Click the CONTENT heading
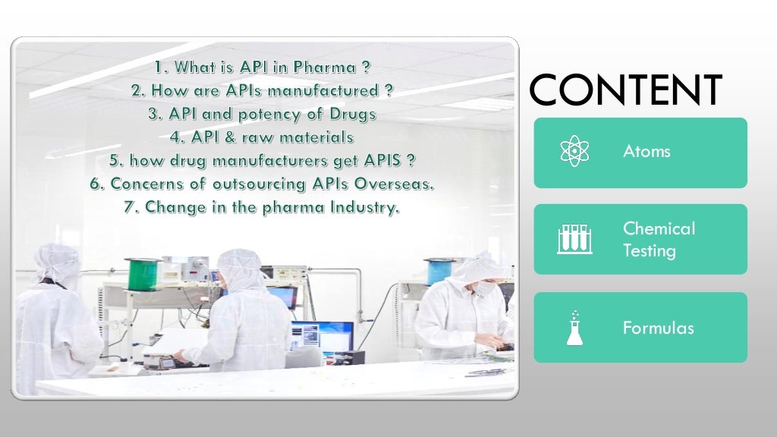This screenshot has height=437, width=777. pos(626,90)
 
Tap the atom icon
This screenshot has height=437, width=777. pos(574,152)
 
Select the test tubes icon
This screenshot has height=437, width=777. pos(574,239)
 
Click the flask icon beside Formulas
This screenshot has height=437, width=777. pos(574,328)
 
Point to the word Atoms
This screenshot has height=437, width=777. pos(646,152)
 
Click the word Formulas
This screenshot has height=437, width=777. pos(658,328)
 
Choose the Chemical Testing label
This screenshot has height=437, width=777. pos(659,239)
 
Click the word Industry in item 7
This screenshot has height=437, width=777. pos(364,207)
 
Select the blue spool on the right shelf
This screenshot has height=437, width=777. pos(439,270)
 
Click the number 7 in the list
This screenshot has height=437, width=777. pos(129,207)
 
